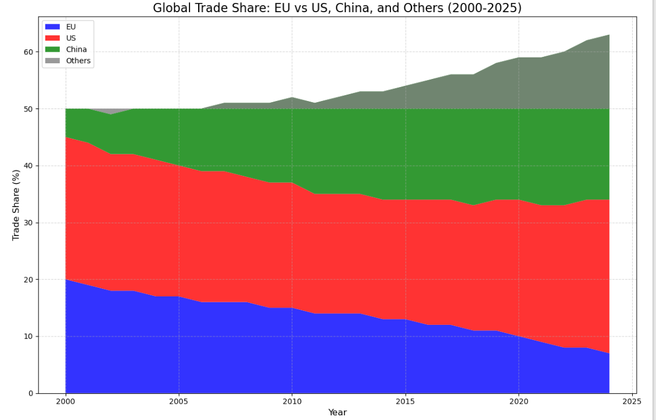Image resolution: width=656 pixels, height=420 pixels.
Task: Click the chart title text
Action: click(x=337, y=8)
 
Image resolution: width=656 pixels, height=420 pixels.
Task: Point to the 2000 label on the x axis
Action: click(x=66, y=401)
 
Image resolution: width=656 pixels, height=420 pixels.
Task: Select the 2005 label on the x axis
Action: click(x=179, y=401)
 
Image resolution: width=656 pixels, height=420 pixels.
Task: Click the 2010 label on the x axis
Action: click(x=292, y=401)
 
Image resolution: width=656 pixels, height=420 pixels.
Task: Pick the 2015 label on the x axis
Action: click(x=406, y=401)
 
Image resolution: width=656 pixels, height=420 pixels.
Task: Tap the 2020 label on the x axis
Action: click(x=519, y=401)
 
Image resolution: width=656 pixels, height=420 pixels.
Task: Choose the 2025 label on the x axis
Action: click(x=632, y=401)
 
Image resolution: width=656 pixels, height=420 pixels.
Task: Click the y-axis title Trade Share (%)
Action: click(x=16, y=205)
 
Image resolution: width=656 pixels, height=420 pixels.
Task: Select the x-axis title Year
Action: click(x=337, y=412)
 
